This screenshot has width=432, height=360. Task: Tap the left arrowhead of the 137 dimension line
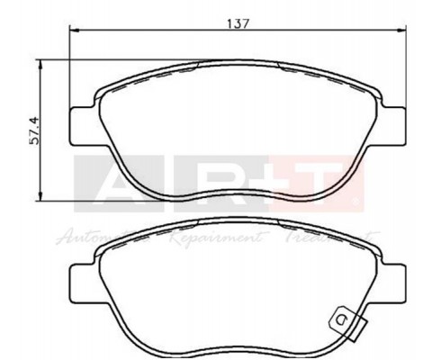[75, 31]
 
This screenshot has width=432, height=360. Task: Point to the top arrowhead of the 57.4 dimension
[41, 63]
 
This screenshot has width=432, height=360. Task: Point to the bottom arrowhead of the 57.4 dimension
[41, 197]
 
